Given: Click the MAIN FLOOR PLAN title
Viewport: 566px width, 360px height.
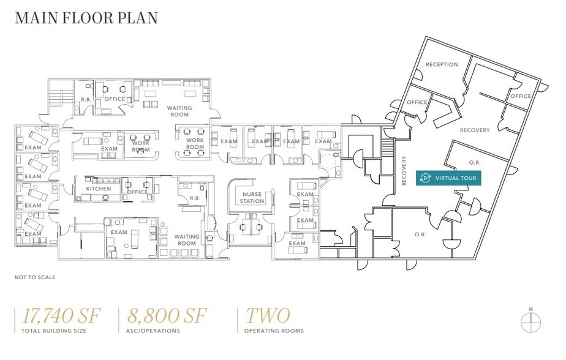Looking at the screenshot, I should (86, 18).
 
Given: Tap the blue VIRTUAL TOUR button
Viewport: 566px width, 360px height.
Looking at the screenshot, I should (448, 178).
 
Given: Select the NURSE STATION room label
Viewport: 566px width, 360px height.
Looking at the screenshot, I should (252, 198).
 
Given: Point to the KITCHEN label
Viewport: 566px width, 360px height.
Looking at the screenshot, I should (98, 189).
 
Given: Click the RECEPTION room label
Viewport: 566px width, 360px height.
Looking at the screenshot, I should (442, 64).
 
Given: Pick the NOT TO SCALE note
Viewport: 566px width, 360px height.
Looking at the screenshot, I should (35, 277).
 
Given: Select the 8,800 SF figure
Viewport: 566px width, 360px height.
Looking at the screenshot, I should (167, 316).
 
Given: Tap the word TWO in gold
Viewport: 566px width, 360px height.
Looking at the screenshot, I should (267, 316).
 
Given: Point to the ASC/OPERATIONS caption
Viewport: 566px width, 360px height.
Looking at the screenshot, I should (154, 331).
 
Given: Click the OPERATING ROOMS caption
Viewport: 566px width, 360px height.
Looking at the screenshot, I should (274, 331).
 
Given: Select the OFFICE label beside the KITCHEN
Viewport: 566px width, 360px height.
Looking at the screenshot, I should (138, 192).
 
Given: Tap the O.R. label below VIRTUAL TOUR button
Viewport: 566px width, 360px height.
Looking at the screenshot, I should (420, 234).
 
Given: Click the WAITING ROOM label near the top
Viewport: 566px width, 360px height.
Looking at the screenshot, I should (179, 111).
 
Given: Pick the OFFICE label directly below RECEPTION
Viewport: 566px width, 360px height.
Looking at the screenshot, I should (417, 102).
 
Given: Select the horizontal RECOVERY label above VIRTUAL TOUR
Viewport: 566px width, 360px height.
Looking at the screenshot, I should (475, 130).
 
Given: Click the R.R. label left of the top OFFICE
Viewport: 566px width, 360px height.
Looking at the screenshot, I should (86, 99).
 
